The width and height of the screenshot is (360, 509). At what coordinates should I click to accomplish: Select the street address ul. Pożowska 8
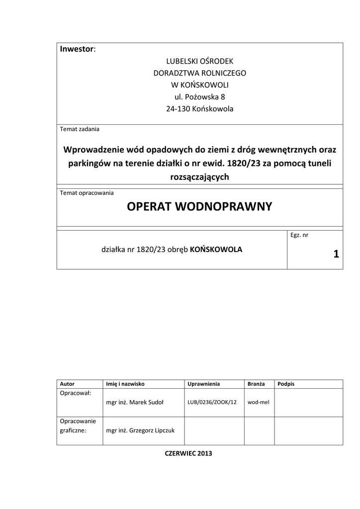point(199,97)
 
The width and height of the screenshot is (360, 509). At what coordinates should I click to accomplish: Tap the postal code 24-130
point(178,109)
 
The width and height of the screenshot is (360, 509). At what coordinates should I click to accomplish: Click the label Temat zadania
point(80,129)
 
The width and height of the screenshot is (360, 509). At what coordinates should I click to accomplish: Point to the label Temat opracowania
point(87,193)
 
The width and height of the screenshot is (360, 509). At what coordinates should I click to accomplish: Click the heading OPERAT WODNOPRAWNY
point(199,207)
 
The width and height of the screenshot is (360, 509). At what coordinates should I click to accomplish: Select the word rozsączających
point(199,177)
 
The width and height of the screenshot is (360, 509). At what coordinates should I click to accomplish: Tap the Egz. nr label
point(299,235)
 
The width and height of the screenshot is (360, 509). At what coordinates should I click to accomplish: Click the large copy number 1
point(336,254)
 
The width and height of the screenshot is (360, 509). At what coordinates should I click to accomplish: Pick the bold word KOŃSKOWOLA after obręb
point(216,250)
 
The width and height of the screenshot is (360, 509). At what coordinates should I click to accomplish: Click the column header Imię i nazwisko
point(125,384)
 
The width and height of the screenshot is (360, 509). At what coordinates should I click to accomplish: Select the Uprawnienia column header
point(204,384)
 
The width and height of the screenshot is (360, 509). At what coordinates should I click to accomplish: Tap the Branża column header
point(256,384)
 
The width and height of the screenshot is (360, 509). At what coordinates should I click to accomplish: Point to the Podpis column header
point(286,384)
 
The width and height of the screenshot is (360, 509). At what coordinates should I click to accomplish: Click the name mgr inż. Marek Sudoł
point(135,402)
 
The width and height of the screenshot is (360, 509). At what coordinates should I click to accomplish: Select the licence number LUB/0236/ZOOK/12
point(212,402)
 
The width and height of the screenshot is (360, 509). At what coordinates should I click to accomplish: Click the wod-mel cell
point(258,402)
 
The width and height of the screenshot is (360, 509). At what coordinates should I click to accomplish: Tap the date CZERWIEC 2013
point(188,453)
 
